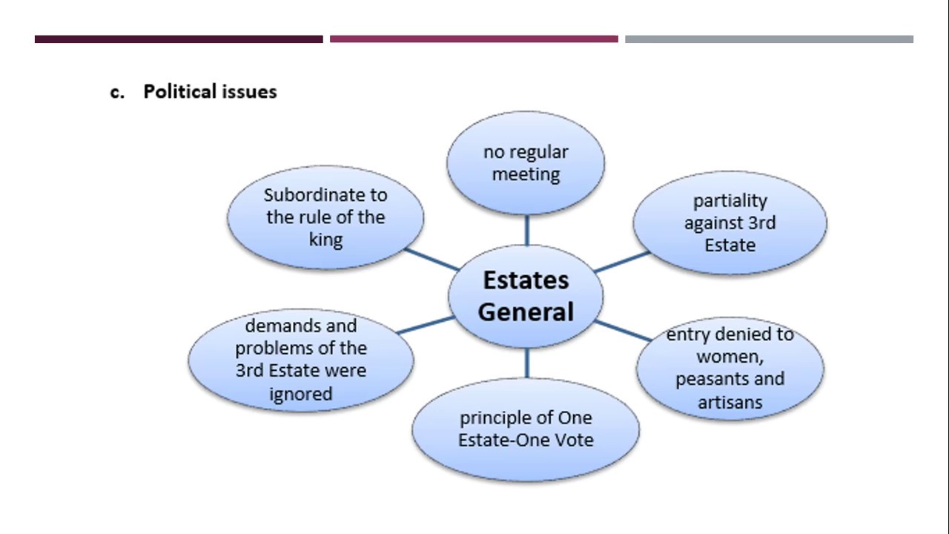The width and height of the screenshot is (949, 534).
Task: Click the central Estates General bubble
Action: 526,296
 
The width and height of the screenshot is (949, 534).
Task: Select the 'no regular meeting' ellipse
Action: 526,163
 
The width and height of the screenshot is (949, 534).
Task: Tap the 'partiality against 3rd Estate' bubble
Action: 730,222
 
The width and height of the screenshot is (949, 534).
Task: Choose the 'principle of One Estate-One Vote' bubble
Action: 526,429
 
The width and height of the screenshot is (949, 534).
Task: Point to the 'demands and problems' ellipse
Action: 300,360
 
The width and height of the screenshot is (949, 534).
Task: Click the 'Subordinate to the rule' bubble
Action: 325,217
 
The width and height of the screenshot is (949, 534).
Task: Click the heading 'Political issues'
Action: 210,91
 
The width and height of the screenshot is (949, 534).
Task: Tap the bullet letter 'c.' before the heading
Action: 117,92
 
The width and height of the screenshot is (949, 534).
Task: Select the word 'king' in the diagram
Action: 325,240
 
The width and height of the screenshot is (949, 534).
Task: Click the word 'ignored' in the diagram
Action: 300,394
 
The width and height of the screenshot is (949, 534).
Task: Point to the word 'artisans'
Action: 730,402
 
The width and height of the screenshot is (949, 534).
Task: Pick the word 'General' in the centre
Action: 526,312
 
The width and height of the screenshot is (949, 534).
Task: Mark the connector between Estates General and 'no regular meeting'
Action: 526,230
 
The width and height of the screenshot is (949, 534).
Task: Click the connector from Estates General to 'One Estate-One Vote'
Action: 526,363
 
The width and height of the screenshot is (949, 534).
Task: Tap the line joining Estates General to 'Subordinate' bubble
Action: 431,260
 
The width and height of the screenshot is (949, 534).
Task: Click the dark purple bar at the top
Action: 179,39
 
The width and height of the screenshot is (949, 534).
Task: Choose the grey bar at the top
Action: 769,39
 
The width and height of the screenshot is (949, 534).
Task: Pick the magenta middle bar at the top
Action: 474,39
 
